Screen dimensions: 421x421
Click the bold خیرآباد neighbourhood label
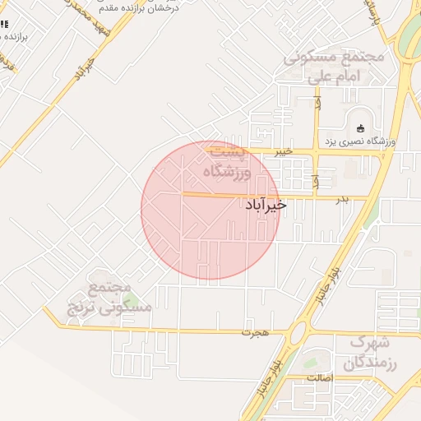(x=266, y=205)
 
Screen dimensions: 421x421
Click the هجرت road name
(x=255, y=333)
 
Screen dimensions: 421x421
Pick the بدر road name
(x=342, y=199)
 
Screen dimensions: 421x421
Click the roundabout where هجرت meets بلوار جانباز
(x=299, y=333)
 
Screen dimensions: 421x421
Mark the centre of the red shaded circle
(x=210, y=210)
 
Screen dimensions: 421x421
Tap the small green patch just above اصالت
(x=311, y=362)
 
